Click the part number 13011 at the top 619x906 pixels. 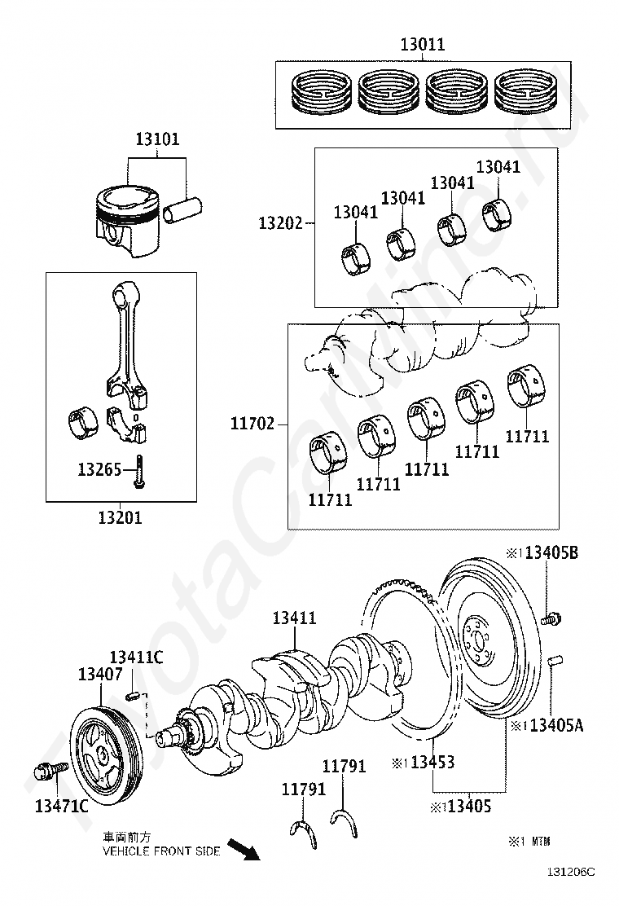[x=423, y=44]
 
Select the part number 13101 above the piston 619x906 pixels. [x=158, y=139]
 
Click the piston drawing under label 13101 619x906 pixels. [x=127, y=220]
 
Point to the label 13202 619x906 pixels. [x=281, y=223]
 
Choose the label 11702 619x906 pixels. [x=252, y=424]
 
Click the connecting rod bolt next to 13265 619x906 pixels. [x=138, y=472]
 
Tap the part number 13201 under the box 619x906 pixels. [x=120, y=517]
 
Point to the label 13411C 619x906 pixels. [x=136, y=657]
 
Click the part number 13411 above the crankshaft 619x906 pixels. [x=295, y=618]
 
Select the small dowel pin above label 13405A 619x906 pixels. [x=555, y=661]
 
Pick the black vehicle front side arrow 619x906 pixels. [x=244, y=849]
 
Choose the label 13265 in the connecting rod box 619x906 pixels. [x=99, y=469]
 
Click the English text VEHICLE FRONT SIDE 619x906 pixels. [x=161, y=851]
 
